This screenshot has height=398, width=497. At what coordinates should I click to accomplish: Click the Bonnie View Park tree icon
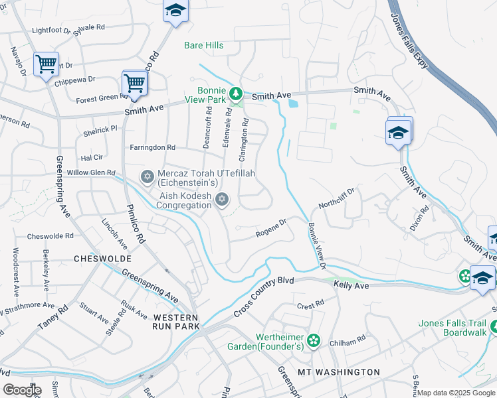point(235,94)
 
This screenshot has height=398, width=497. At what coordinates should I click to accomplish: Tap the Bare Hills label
point(203,46)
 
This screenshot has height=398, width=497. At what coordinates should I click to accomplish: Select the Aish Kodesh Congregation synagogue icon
point(222,198)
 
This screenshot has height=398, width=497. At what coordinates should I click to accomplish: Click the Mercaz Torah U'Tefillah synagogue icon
point(147,176)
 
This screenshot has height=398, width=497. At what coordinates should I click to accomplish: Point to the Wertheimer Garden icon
point(314,340)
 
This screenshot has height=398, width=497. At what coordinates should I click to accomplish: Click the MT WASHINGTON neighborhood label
point(339,372)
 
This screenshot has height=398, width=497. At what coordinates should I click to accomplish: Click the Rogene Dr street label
point(270,228)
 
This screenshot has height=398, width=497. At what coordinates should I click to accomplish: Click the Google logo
point(22,390)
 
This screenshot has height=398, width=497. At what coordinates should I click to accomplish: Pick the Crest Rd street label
point(310,305)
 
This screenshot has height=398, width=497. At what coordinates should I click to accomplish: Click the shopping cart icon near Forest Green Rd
point(134,84)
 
